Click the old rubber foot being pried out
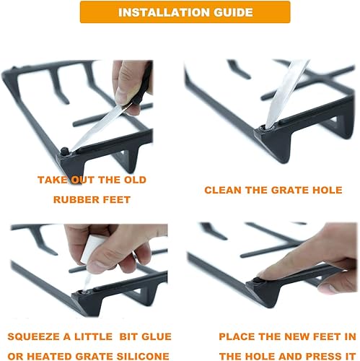click(x=65, y=150)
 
